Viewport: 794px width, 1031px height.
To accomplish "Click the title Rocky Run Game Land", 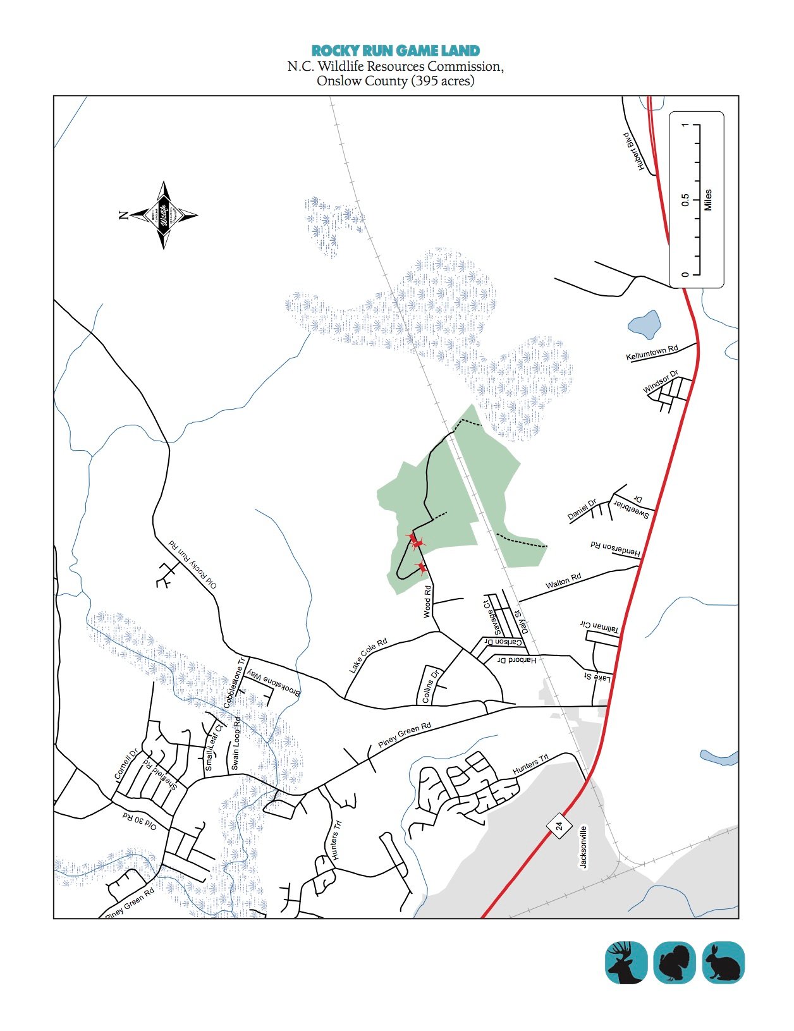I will (396, 51).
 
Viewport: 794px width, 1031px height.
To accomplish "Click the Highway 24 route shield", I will (559, 826).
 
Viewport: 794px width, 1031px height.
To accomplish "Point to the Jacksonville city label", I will (583, 847).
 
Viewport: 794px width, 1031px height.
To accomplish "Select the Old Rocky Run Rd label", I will (192, 564).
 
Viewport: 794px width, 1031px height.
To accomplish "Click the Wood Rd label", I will (427, 601).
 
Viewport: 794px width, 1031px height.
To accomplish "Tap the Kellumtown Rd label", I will (652, 353).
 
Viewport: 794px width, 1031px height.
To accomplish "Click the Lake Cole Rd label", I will (368, 656).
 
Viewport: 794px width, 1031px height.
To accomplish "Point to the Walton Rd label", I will (563, 582).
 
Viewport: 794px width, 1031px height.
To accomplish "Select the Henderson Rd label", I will (616, 549).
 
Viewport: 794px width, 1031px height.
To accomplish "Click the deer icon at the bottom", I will (626, 962).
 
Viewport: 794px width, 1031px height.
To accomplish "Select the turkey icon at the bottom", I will (675, 962).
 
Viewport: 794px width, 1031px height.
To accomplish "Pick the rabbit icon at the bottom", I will (723, 962).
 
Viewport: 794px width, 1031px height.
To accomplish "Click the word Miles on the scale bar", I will (707, 200).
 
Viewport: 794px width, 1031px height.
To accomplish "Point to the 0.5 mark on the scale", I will (685, 200).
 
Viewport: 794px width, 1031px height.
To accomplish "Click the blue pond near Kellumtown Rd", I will (645, 325).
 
